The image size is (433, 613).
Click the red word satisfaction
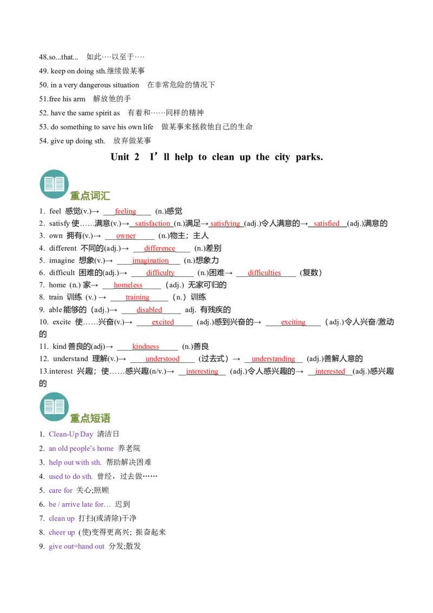tap(153, 224)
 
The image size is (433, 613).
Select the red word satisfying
tap(226, 224)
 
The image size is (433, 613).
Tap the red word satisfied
tap(327, 223)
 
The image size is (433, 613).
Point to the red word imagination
tap(150, 260)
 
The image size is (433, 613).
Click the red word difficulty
tap(160, 272)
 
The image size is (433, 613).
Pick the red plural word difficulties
tap(264, 272)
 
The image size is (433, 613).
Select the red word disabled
tap(149, 309)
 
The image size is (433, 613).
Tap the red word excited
tap(163, 322)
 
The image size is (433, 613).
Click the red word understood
tap(162, 358)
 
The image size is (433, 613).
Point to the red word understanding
tap(273, 358)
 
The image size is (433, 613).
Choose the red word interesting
tap(202, 371)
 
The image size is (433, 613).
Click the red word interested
tap(330, 371)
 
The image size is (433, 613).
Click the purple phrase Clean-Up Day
tap(71, 434)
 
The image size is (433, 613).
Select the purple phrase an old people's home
tap(82, 449)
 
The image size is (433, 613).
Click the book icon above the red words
tap(54, 184)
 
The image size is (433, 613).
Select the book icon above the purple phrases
tap(54, 407)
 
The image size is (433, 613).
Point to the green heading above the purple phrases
tap(91, 418)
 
